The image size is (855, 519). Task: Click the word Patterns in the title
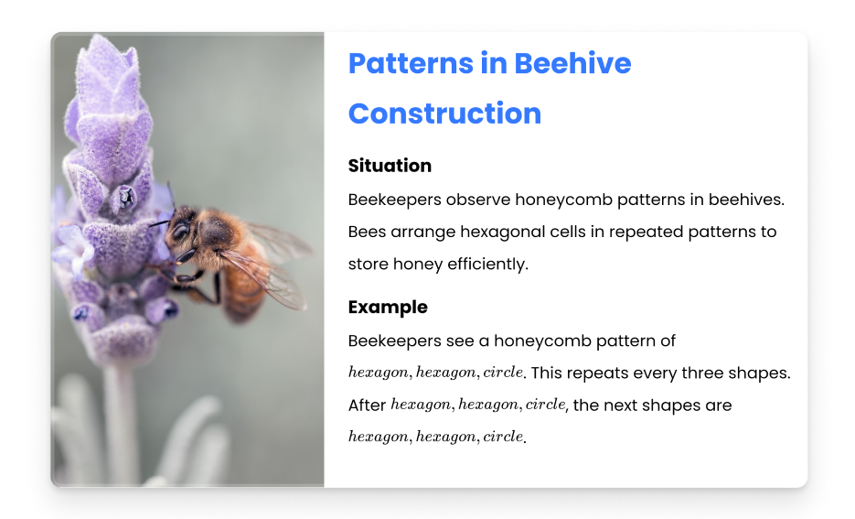click(x=411, y=63)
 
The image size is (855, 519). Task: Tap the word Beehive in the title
click(x=572, y=63)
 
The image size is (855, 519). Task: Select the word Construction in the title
click(x=445, y=114)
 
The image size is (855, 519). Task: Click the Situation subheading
click(x=390, y=166)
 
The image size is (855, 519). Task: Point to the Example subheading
click(x=388, y=308)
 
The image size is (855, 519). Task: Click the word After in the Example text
click(x=367, y=405)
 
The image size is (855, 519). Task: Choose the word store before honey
click(x=369, y=265)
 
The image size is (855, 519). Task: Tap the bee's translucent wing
click(x=267, y=277)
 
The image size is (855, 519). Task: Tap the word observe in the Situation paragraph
click(x=478, y=200)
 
